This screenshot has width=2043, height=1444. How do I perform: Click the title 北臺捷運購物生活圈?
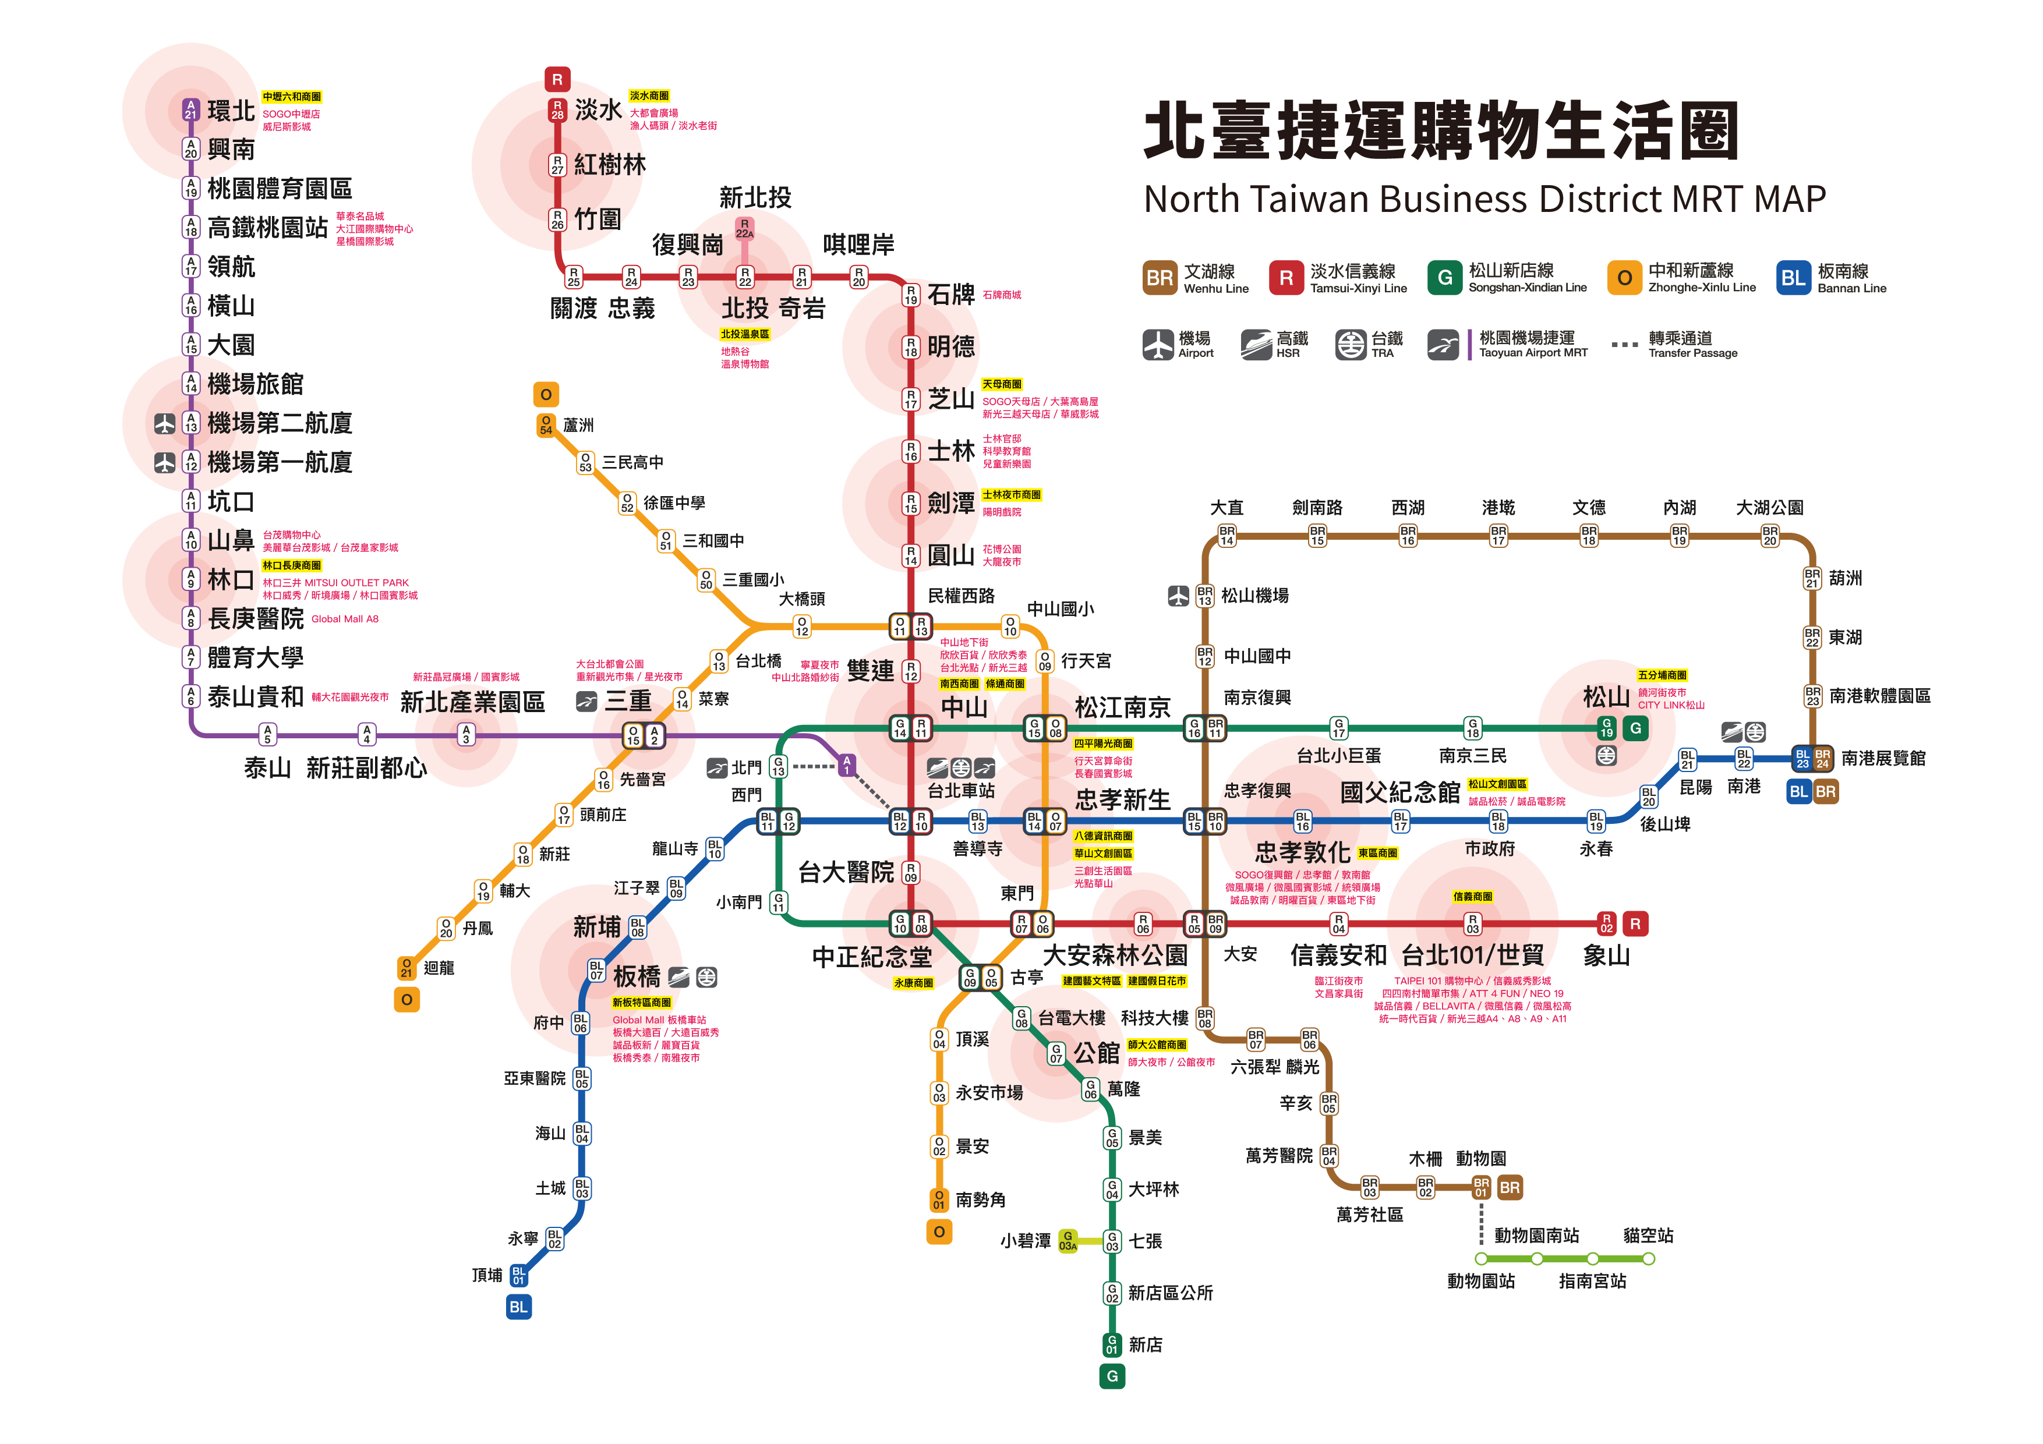point(1441,131)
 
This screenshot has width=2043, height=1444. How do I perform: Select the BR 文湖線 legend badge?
point(1160,278)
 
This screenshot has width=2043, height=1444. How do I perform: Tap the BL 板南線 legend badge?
point(1793,278)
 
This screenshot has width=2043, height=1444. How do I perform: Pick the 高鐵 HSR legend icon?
point(1256,344)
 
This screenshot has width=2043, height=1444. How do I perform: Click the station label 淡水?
point(598,109)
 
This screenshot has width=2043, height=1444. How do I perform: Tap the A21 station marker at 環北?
point(190,109)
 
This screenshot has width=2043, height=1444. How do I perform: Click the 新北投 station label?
point(755,197)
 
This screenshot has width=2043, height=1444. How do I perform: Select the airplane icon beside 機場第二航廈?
point(165,423)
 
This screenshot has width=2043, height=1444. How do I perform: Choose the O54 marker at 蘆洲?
point(546,425)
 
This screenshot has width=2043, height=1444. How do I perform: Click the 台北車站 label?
point(961,790)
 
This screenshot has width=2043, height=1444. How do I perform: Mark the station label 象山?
point(1606,955)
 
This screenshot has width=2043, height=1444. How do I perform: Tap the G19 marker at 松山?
point(1606,728)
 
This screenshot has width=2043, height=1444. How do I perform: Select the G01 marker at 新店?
point(1111,1344)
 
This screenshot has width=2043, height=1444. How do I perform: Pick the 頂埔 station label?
point(487,1275)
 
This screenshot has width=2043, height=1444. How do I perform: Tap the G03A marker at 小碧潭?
point(1068,1240)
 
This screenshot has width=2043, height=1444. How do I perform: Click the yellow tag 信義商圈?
point(1473,896)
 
